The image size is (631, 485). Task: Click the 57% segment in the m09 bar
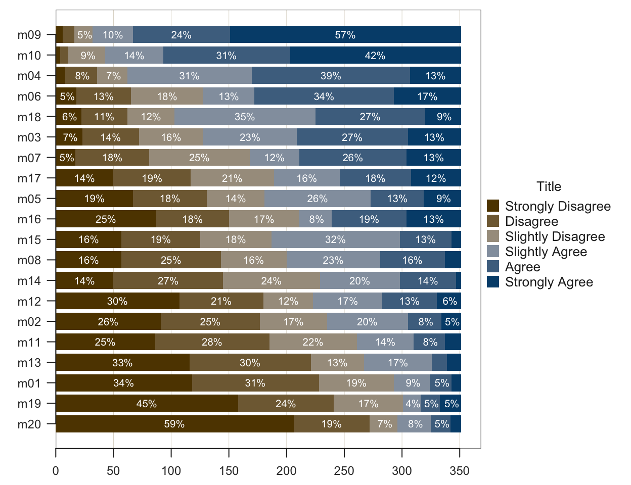(345, 35)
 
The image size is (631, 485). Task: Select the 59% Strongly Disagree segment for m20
(174, 424)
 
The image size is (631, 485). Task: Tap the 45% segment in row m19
(147, 404)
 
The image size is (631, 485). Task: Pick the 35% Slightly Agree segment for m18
(245, 117)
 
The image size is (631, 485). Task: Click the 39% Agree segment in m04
(331, 76)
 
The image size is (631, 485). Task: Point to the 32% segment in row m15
(336, 239)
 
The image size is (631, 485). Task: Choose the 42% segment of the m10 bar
(375, 56)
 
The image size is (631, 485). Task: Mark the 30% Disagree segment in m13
(250, 363)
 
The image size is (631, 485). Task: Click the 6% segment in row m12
(449, 301)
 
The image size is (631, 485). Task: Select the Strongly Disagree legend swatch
(493, 206)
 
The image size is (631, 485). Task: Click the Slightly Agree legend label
(546, 252)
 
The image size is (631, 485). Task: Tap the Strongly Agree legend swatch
(493, 281)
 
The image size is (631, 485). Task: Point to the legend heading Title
(549, 186)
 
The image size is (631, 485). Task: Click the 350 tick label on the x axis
(460, 471)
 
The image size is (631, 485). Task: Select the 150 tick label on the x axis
(229, 471)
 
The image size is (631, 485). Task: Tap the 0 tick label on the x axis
(56, 471)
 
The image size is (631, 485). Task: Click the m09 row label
(29, 35)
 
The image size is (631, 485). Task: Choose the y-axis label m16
(29, 219)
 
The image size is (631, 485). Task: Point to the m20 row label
(29, 424)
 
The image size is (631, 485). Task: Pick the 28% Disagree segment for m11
(212, 342)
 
